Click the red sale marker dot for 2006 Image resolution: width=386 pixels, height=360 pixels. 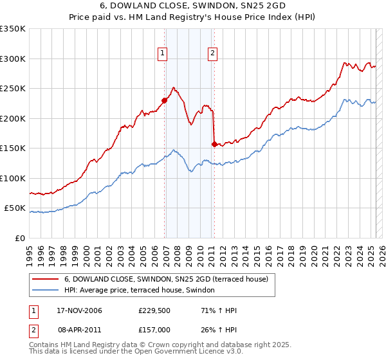(x=165, y=100)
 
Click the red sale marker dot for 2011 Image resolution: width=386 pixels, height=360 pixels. (x=214, y=143)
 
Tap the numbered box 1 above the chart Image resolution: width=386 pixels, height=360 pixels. (x=163, y=54)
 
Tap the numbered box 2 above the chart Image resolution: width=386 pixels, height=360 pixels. (x=212, y=54)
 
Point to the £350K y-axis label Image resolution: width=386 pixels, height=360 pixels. (x=13, y=29)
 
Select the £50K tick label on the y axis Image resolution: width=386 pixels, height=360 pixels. (x=15, y=208)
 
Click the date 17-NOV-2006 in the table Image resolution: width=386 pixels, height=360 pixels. (x=79, y=310)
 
